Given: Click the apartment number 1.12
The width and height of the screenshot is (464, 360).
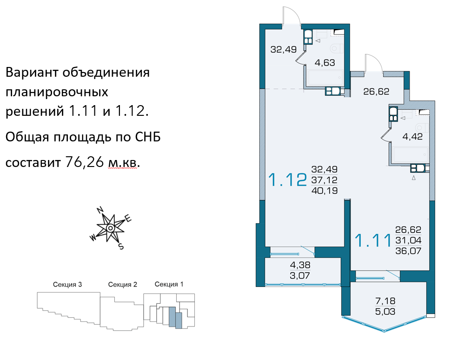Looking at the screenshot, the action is (x=287, y=180).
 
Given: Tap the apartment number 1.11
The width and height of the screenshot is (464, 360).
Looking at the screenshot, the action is (x=373, y=240).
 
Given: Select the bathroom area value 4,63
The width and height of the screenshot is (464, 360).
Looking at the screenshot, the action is (x=325, y=62).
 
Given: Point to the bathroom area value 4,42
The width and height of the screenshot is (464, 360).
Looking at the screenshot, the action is (x=412, y=136).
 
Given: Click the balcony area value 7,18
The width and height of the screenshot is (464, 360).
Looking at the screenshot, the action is (x=385, y=301).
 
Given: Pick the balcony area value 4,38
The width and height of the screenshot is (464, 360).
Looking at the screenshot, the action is (x=300, y=265).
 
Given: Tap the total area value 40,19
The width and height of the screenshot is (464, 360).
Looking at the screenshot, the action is (x=325, y=190).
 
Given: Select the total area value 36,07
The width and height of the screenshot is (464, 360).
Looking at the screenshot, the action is (x=408, y=251).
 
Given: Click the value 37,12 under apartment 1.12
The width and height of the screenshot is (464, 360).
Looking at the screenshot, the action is (x=325, y=180).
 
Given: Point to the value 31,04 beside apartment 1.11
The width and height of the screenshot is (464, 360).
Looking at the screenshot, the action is (x=408, y=240).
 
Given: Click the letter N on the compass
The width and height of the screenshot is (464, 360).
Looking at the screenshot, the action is (x=100, y=210).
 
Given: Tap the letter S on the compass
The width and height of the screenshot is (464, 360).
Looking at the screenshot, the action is (x=121, y=247).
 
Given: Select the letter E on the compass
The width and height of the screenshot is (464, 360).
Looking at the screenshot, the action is (x=128, y=219).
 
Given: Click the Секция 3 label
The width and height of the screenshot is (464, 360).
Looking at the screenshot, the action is (x=67, y=285).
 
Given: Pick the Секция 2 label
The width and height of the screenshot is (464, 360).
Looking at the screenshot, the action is (x=123, y=285).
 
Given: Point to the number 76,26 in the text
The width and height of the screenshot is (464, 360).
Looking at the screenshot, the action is (x=84, y=162).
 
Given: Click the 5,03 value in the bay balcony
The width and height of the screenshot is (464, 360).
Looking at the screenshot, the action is (x=385, y=312).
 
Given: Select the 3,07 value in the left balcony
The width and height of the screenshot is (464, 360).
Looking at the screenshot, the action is (x=300, y=275).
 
